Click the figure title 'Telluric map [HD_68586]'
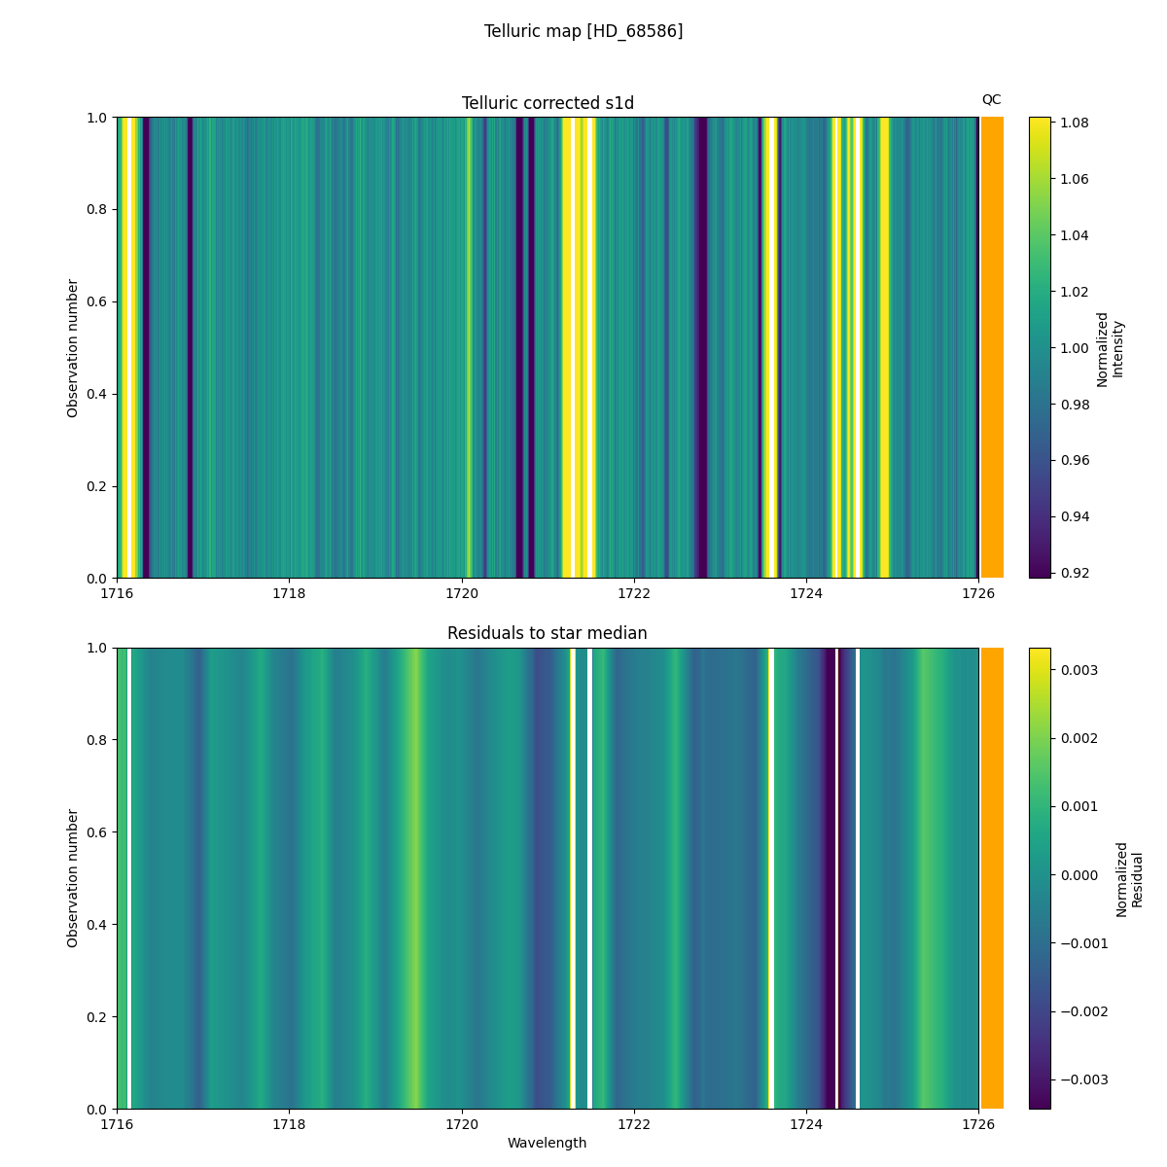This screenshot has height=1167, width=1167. pyautogui.click(x=583, y=31)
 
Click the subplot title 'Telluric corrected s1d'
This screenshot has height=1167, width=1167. pyautogui.click(x=548, y=103)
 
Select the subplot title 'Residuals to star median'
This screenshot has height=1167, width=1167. pyautogui.click(x=548, y=633)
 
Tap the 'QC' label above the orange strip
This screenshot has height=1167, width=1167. pyautogui.click(x=991, y=99)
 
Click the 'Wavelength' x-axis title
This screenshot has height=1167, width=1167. pyautogui.click(x=547, y=1143)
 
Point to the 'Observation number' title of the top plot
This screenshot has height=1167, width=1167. pyautogui.click(x=73, y=348)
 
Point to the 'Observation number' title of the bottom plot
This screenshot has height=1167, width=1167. pyautogui.click(x=73, y=878)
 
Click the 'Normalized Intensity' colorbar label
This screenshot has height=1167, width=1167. pyautogui.click(x=1110, y=348)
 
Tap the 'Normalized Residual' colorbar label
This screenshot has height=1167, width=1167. pyautogui.click(x=1128, y=878)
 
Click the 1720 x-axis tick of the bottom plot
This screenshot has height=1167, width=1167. pyautogui.click(x=461, y=1123)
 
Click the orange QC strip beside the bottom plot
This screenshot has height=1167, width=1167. pyautogui.click(x=992, y=878)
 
